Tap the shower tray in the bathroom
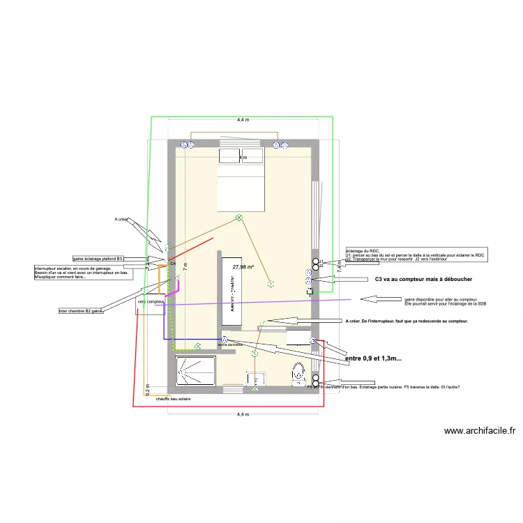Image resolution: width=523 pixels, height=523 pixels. click(196, 371)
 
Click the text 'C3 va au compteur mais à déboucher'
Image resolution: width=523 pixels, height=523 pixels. click(404, 280)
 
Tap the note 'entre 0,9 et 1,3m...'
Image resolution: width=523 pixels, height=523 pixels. click(378, 358)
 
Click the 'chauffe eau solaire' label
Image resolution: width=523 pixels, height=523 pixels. click(173, 399)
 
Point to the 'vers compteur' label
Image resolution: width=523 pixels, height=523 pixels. click(151, 301)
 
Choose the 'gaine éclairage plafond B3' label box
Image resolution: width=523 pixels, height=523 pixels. click(98, 259)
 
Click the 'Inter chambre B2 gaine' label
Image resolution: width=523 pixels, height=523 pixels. click(81, 311)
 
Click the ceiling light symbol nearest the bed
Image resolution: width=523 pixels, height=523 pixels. click(238, 218)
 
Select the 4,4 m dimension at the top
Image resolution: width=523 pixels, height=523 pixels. click(243, 120)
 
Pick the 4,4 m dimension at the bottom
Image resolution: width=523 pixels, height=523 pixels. click(243, 414)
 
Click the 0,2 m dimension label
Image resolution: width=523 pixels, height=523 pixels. click(148, 388)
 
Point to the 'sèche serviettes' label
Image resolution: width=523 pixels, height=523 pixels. click(230, 345)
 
